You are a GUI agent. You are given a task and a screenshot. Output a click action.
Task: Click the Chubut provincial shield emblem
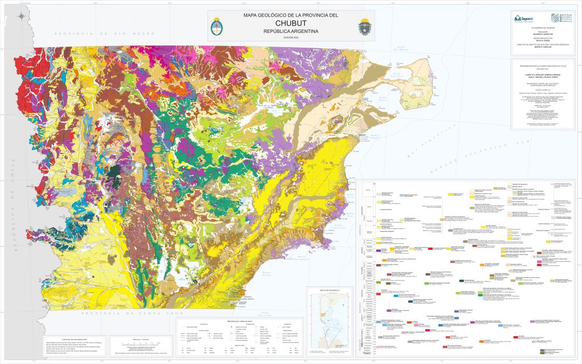(x=364, y=26)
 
